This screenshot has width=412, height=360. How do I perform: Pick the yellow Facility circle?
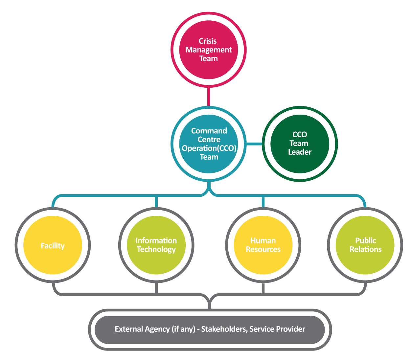53,259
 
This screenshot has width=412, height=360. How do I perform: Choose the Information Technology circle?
156,263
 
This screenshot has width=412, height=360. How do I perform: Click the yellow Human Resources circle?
263,263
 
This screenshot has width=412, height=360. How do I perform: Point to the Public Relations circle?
365,263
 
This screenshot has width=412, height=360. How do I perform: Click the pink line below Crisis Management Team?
209,97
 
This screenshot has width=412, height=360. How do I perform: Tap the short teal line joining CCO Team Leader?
254,144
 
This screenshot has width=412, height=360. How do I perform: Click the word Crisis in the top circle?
208,41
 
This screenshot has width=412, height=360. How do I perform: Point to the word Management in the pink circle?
209,50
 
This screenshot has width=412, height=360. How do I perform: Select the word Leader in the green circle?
300,152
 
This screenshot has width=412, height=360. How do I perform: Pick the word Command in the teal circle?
209,131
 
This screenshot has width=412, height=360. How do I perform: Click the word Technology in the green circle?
156,250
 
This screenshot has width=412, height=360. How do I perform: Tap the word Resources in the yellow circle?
263,250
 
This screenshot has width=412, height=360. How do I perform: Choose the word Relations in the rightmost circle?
365,250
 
